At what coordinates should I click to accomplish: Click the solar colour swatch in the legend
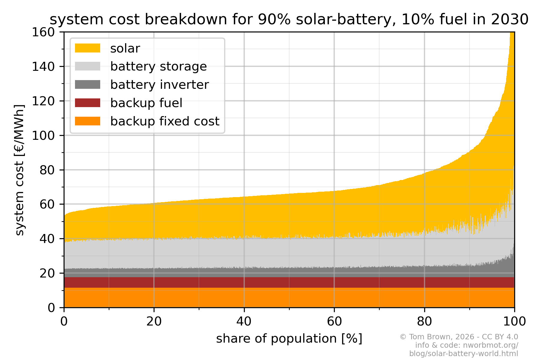tap(87, 48)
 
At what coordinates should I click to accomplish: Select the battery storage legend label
tap(158, 67)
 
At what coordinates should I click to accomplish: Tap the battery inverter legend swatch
tap(87, 85)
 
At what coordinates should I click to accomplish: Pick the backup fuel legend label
tap(146, 103)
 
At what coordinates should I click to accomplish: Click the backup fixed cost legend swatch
tap(87, 121)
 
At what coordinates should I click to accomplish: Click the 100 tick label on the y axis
tap(43, 136)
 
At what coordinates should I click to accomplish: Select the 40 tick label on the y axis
tap(47, 239)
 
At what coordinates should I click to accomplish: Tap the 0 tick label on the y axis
tap(51, 308)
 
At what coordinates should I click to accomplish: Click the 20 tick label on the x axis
tap(154, 322)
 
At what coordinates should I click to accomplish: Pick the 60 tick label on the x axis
tap(334, 322)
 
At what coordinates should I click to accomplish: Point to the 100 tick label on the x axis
tap(514, 322)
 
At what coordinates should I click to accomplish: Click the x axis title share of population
tap(289, 339)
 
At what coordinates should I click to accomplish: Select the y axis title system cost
tap(19, 170)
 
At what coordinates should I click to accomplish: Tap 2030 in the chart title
tap(509, 20)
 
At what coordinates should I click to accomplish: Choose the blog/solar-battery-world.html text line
tap(463, 353)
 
